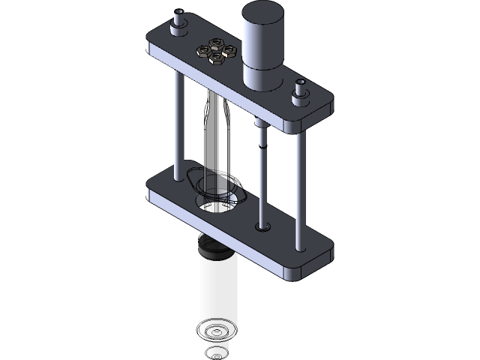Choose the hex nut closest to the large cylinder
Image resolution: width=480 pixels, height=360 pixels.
pyautogui.click(x=229, y=51)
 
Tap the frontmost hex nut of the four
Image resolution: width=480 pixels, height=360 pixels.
pyautogui.click(x=217, y=58)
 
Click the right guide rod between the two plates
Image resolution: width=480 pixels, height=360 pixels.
pyautogui.click(x=300, y=180)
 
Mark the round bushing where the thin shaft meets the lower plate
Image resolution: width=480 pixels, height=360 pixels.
pyautogui.click(x=262, y=225)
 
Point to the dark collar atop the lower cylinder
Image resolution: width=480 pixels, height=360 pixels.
pyautogui.click(x=215, y=247)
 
